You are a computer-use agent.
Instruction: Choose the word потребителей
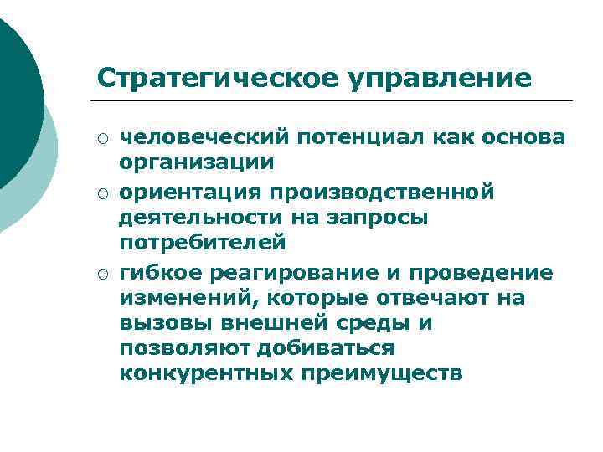point(202,243)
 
